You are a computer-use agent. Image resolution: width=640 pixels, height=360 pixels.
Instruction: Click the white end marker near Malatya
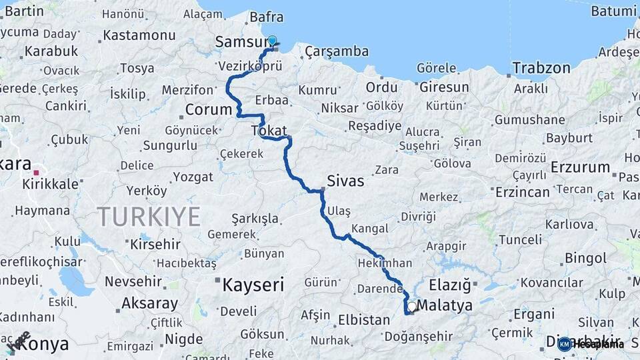click(412, 307)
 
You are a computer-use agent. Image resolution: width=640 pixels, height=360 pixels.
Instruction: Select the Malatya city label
click(446, 305)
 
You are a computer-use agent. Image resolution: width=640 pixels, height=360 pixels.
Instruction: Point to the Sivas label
click(345, 181)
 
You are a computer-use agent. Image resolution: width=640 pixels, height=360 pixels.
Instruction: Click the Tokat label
click(269, 130)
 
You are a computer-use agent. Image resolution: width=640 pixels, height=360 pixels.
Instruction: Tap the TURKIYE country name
click(149, 217)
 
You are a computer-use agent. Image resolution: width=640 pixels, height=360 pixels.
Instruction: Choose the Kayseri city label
click(253, 285)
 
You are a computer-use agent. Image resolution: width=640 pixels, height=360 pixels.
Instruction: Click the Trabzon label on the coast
click(541, 67)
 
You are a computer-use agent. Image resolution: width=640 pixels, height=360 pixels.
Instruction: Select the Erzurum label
click(580, 167)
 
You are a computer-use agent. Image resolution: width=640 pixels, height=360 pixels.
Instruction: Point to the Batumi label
click(613, 11)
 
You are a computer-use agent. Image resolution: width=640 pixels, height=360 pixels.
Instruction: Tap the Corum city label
click(207, 109)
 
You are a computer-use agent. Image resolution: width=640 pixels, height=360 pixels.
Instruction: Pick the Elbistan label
click(364, 320)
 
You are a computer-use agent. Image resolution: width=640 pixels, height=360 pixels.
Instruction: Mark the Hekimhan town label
click(385, 263)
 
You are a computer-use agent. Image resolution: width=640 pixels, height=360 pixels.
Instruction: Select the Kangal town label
click(369, 229)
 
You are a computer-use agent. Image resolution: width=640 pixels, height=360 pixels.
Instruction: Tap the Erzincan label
click(523, 192)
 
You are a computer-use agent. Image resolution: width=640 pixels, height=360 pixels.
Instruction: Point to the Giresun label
click(443, 87)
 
